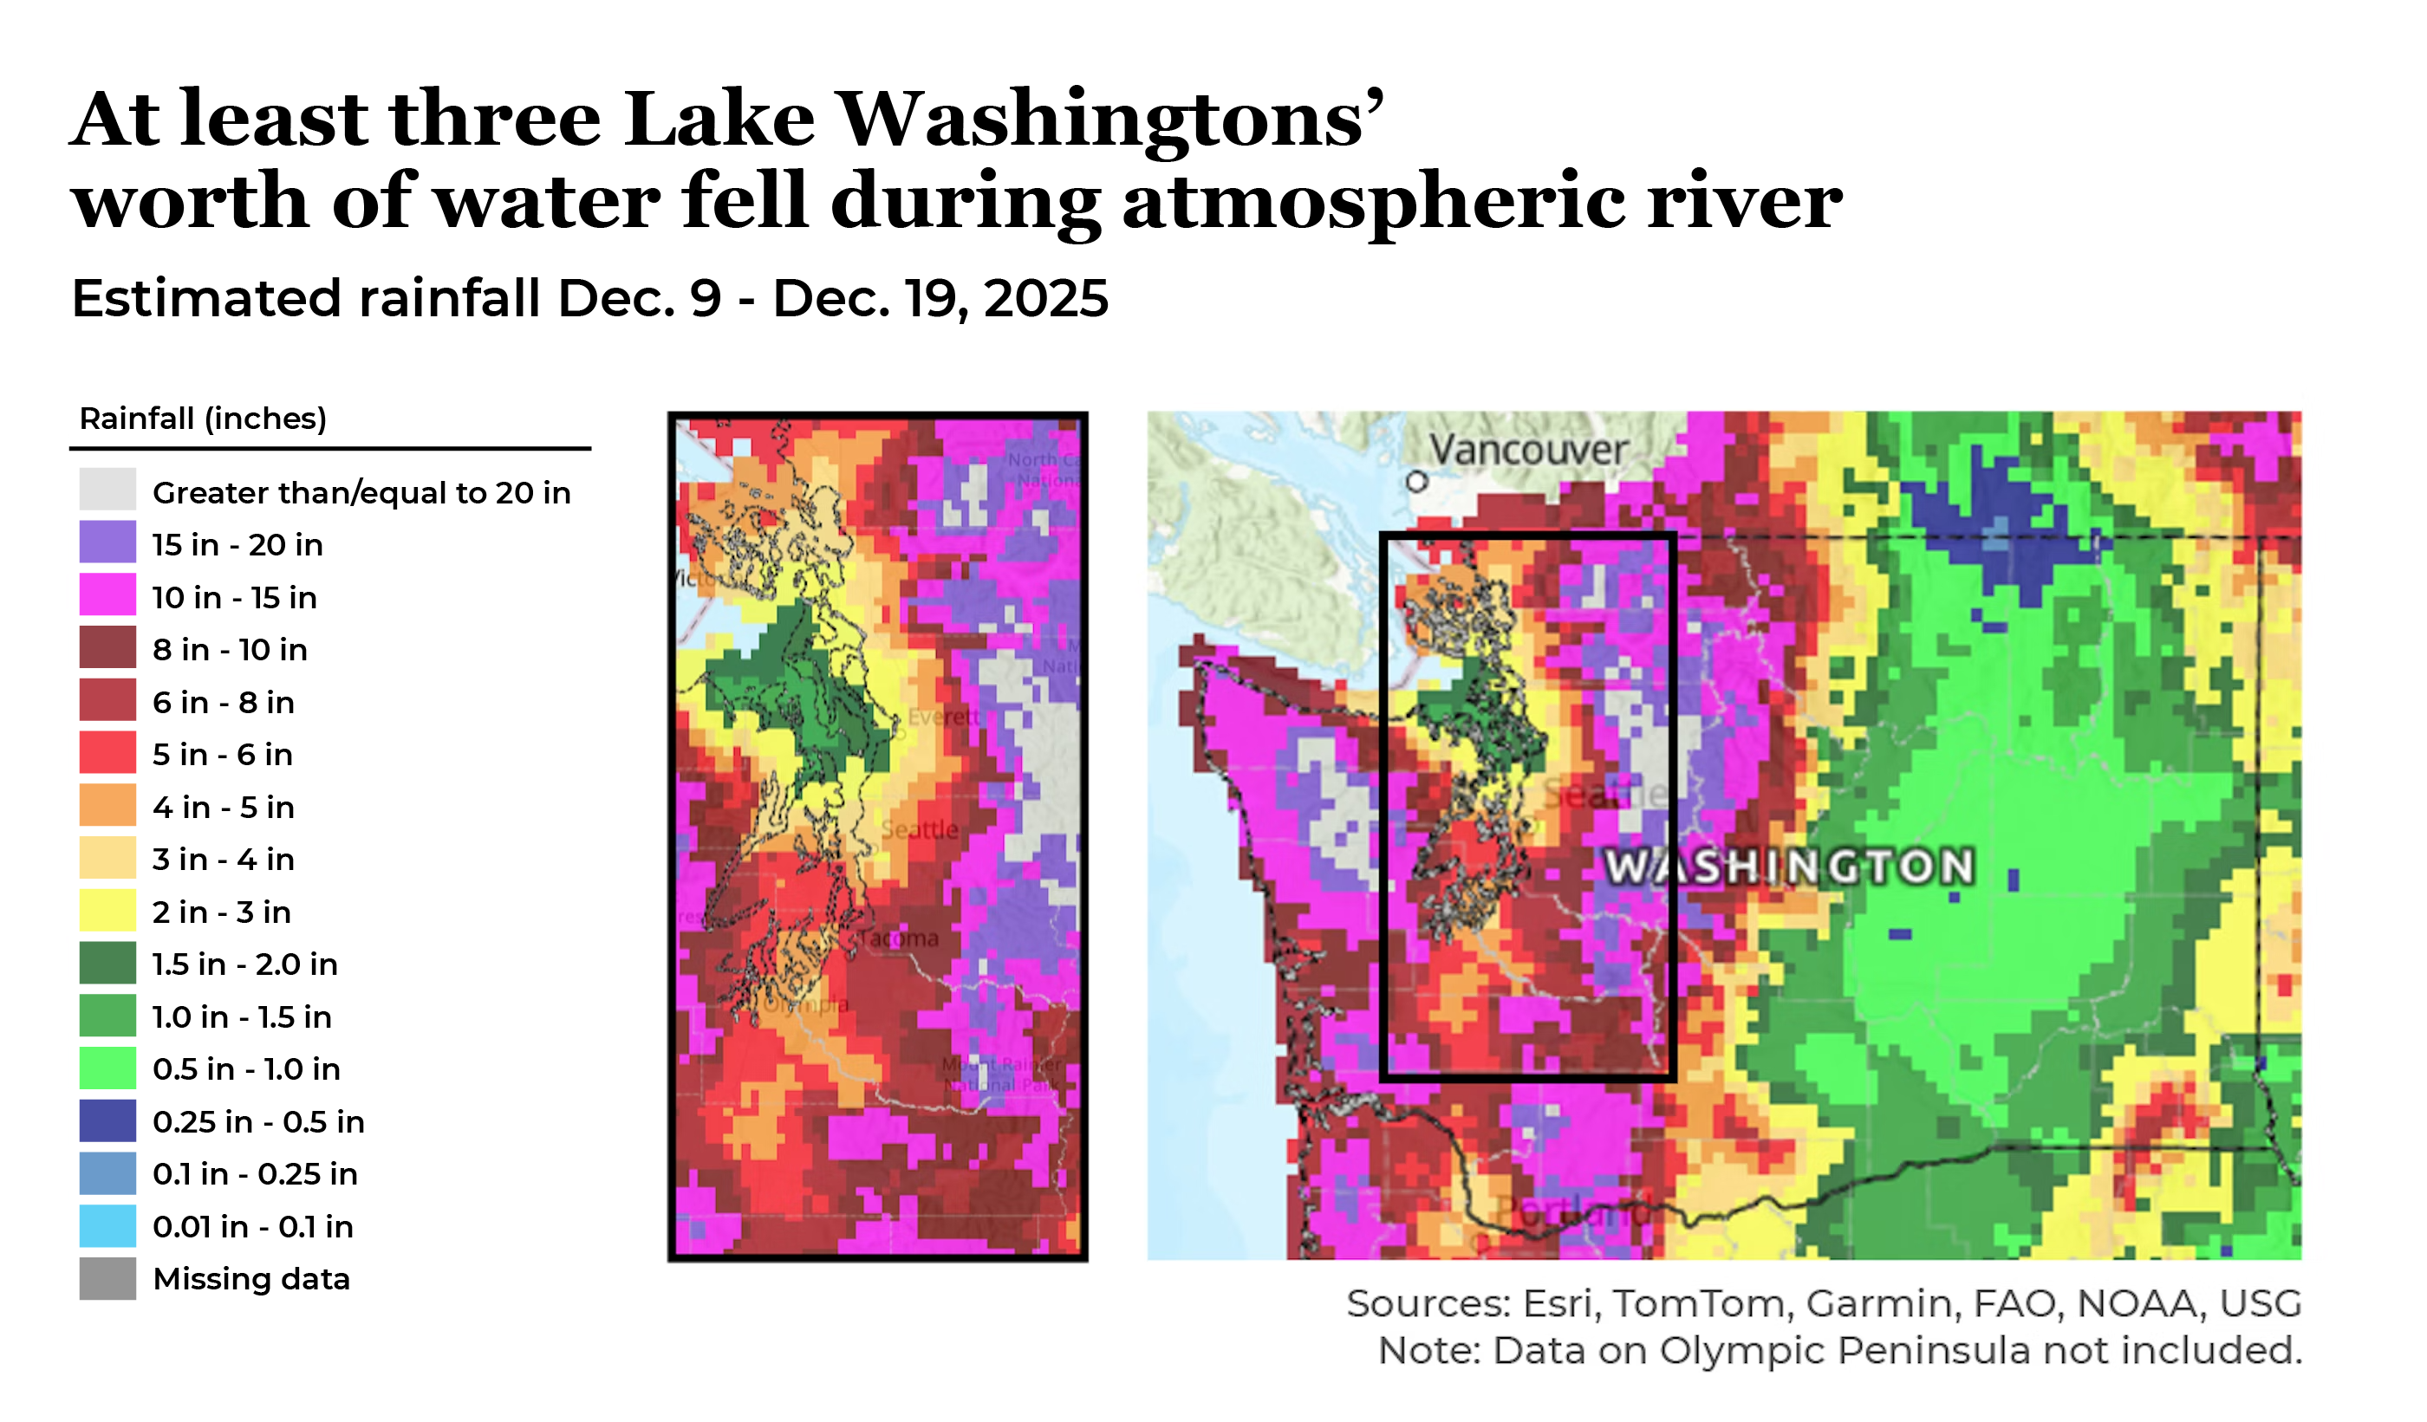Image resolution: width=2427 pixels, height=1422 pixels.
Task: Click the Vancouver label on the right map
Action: [1527, 450]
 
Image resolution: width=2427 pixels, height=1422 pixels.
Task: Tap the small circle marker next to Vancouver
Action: [1415, 482]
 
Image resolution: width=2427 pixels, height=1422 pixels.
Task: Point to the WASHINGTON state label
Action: [1789, 867]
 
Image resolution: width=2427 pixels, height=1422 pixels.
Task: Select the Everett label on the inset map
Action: [944, 717]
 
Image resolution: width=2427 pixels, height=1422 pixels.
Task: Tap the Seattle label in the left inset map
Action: [920, 830]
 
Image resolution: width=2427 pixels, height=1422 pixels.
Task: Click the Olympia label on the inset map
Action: [807, 1005]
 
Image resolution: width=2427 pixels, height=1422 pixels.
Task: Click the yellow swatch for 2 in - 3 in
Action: [107, 912]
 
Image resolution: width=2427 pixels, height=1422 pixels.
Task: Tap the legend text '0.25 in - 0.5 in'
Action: [258, 1121]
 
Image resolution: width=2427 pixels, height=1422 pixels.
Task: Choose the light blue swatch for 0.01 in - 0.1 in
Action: [107, 1226]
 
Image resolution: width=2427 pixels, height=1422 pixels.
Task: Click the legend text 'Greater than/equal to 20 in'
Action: [361, 493]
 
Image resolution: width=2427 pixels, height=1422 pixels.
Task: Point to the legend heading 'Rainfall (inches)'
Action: [202, 419]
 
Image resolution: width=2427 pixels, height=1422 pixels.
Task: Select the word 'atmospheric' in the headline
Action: [1372, 202]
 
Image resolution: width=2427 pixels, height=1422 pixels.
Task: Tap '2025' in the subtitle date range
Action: [1045, 298]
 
